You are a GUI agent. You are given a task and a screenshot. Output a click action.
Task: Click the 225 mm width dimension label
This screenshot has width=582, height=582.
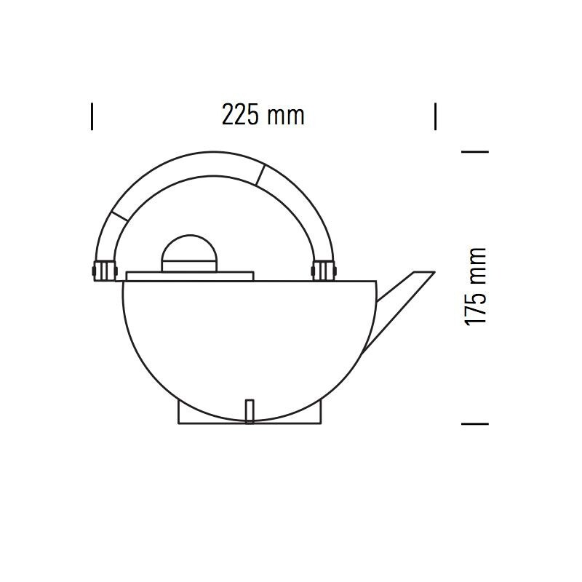click(x=263, y=115)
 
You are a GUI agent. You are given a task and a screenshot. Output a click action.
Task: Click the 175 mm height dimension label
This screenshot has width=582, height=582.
click(x=475, y=287)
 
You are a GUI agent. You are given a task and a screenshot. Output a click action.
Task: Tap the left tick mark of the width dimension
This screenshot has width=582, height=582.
click(x=92, y=116)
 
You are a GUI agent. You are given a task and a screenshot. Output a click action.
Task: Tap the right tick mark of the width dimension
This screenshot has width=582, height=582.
click(x=435, y=116)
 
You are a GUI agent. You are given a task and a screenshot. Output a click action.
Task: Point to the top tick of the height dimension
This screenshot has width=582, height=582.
click(x=475, y=151)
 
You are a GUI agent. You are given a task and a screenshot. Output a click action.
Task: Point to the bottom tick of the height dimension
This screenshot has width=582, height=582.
click(x=475, y=423)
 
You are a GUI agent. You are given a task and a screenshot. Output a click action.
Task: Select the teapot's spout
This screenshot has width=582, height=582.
click(x=396, y=300)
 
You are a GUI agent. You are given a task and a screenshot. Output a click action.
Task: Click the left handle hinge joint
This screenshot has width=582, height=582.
click(x=102, y=271)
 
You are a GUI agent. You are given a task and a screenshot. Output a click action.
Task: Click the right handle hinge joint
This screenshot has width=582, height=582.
click(x=322, y=271)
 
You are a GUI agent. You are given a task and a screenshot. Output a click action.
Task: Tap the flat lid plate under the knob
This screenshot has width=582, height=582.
click(x=189, y=276)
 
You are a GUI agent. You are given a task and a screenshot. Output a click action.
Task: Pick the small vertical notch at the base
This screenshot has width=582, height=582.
click(x=250, y=410)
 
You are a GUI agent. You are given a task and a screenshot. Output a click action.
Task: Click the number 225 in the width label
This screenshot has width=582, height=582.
click(x=239, y=115)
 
